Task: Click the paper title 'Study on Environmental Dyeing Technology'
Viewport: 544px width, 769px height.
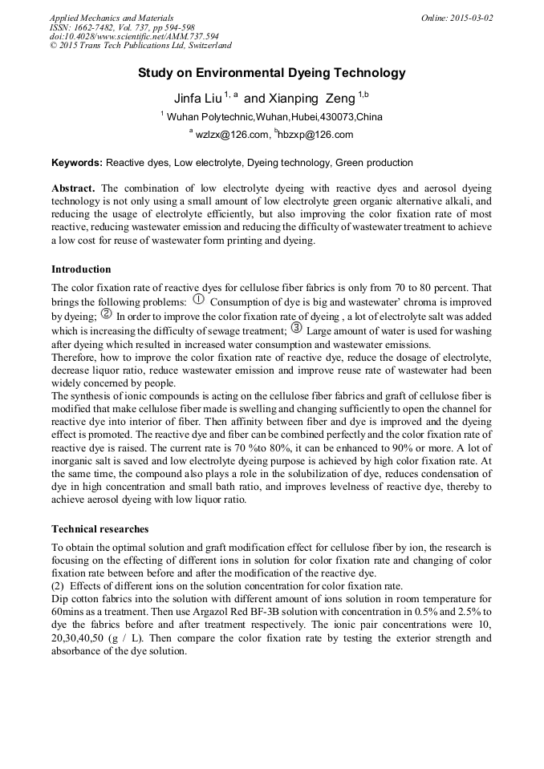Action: [x=271, y=73]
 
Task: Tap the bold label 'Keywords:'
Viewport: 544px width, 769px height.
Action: [x=77, y=163]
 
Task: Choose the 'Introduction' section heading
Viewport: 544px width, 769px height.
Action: [x=81, y=269]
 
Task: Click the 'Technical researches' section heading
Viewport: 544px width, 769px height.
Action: [x=99, y=529]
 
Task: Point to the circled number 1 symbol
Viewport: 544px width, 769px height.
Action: [x=200, y=301]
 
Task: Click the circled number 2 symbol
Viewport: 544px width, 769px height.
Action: [x=107, y=314]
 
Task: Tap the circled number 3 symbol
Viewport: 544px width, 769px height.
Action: [x=296, y=328]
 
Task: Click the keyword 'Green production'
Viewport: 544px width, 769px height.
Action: [x=374, y=163]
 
